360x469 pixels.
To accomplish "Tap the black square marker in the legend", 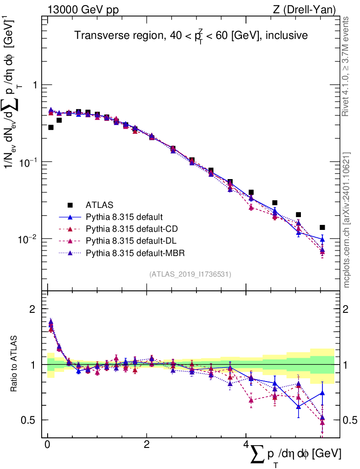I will [70, 204].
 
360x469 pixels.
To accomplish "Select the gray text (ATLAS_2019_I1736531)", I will [190, 274].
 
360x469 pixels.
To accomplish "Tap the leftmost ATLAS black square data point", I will [51, 127].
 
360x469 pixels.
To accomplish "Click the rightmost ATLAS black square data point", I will [322, 227].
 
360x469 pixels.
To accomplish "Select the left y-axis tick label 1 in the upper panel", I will [33, 85].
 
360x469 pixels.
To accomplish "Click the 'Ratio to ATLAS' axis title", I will [15, 365].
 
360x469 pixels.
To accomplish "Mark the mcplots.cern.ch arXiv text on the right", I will [347, 220].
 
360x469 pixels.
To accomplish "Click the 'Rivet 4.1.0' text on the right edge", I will [347, 66].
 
